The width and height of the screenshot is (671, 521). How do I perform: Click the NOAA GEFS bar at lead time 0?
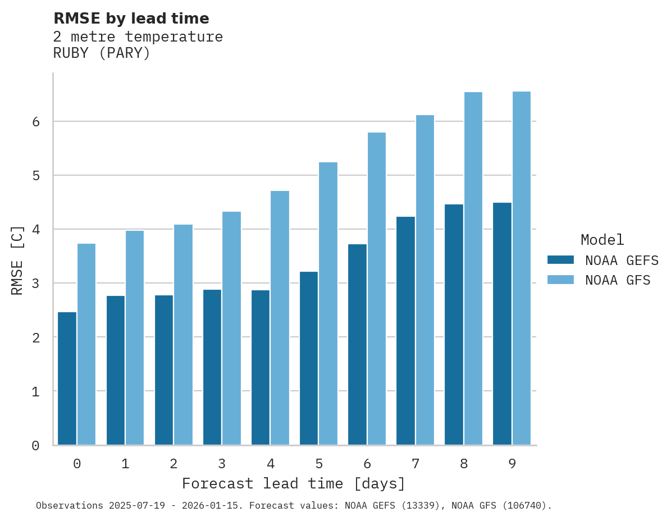point(67,378)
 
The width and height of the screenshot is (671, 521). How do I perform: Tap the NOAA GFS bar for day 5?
point(328,303)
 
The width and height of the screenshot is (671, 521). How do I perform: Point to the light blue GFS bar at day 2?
point(183,335)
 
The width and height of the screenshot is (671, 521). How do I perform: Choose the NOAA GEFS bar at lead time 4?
point(261,367)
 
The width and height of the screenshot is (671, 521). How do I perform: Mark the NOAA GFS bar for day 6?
point(377,289)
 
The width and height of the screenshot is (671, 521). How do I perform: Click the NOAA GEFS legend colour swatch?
point(560,260)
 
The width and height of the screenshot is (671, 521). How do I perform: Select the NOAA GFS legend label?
point(618,280)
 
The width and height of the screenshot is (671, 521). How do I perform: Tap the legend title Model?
point(602,240)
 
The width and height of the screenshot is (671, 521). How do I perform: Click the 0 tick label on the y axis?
point(35,446)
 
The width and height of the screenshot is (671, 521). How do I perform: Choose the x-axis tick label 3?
point(222,464)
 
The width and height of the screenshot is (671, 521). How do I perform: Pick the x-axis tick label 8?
point(464,464)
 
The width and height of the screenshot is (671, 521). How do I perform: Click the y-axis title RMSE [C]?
point(17,260)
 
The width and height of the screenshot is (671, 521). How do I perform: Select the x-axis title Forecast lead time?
point(293,483)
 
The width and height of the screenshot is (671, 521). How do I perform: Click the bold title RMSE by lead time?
point(131,19)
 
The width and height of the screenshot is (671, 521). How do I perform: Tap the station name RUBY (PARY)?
point(102,54)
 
